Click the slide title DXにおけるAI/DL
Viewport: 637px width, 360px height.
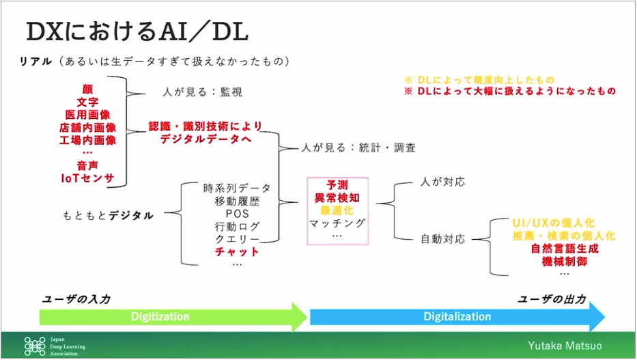[137, 31]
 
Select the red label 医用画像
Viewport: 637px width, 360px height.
[88, 115]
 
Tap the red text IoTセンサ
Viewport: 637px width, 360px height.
[88, 178]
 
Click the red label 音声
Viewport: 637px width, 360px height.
[88, 165]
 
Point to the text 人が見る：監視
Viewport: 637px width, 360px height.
[202, 92]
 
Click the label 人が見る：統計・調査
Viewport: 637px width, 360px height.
[358, 148]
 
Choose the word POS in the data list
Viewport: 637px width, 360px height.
[237, 214]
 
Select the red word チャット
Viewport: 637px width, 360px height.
[237, 252]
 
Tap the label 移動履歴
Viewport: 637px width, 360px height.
[237, 201]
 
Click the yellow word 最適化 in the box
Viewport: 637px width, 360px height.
[337, 210]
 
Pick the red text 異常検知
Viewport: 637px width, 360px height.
[337, 198]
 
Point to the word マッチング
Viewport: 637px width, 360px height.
[337, 223]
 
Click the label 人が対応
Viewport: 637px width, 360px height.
[443, 182]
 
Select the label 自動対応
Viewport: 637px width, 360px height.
[443, 239]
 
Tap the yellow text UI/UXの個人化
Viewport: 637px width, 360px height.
[553, 223]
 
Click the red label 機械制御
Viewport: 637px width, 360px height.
[565, 261]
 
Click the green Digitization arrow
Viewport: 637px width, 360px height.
[173, 316]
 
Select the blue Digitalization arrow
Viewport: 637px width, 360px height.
[457, 316]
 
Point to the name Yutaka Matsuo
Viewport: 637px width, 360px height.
[565, 346]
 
